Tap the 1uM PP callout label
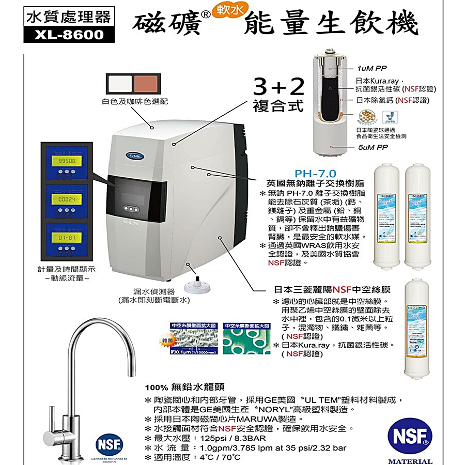point(371,68)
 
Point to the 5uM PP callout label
point(371,147)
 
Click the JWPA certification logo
point(388,117)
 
